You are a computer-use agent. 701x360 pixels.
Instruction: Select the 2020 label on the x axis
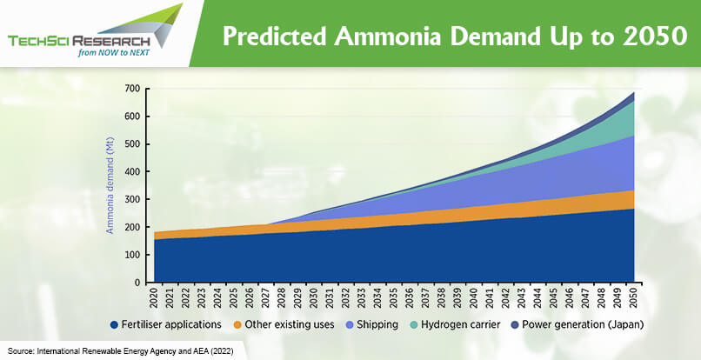pyautogui.click(x=154, y=297)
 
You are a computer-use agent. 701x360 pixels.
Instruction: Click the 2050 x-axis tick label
pyautogui.click(x=634, y=297)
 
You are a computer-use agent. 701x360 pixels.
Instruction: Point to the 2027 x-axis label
pyautogui.click(x=266, y=297)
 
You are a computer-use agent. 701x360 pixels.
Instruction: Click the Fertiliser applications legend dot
pyautogui.click(x=115, y=324)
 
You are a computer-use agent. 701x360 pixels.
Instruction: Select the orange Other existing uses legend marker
pyautogui.click(x=237, y=324)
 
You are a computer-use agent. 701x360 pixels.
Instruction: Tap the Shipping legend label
pyautogui.click(x=377, y=324)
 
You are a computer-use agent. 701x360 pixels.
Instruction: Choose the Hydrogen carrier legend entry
pyautogui.click(x=454, y=324)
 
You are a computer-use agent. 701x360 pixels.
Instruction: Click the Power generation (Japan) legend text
pyautogui.click(x=583, y=324)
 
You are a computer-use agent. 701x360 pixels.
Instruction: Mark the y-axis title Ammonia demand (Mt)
pyautogui.click(x=110, y=185)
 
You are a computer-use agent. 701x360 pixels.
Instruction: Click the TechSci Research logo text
pyautogui.click(x=78, y=41)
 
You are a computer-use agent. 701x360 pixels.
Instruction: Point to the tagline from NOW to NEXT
pyautogui.click(x=114, y=53)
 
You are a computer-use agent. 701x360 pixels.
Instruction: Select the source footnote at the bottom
pyautogui.click(x=121, y=351)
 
